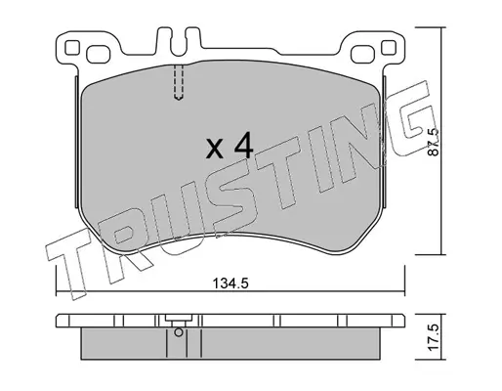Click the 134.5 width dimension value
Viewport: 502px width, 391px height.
[230, 283]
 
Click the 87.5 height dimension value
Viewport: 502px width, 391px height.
[434, 142]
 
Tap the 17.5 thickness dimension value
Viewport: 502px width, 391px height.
[434, 337]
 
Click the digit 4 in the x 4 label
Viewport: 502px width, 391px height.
[243, 146]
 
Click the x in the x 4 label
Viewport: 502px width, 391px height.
[216, 149]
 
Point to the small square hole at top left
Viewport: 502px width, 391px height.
[72, 48]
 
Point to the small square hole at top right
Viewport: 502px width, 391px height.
[389, 48]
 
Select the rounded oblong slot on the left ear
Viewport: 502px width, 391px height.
[99, 54]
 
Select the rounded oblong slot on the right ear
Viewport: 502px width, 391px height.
[363, 54]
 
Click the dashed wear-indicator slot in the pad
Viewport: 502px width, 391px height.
[178, 81]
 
